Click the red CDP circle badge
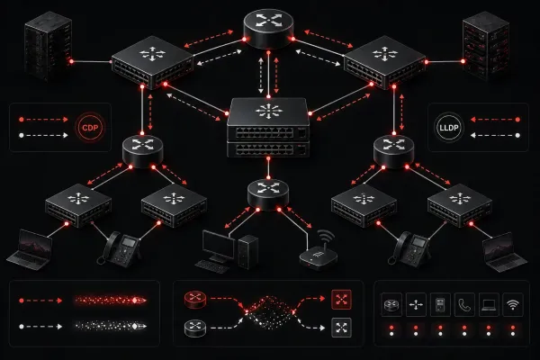90,128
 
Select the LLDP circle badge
449,128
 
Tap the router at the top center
268,29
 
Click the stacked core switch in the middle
268,128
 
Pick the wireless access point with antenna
319,252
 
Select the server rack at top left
49,46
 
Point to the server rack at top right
486,45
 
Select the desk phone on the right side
409,248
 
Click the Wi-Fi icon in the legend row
513,304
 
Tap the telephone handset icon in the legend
464,304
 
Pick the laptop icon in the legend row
489,304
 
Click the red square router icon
341,300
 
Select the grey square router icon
341,328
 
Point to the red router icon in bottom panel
195,299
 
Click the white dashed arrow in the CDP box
44,135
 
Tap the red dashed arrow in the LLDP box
495,120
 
